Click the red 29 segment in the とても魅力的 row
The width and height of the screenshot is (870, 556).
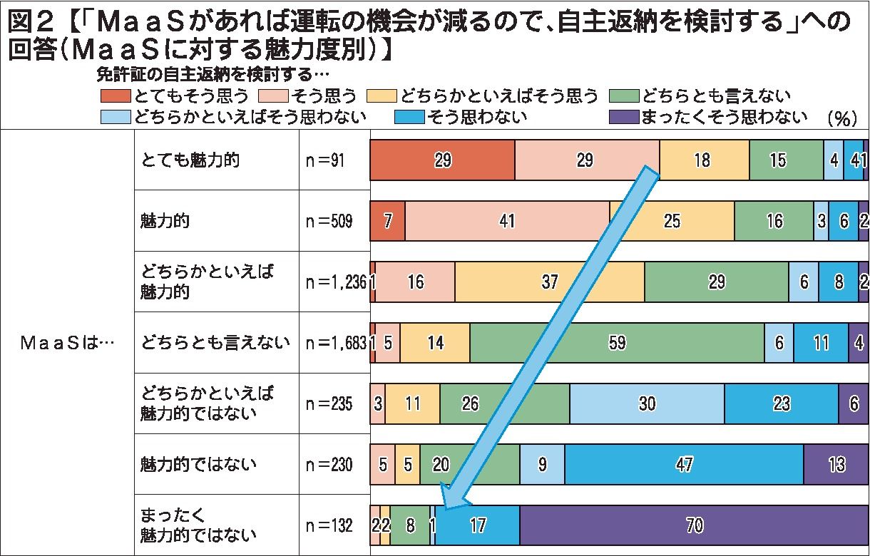click(442, 160)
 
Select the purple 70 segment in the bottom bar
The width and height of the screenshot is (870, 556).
click(694, 526)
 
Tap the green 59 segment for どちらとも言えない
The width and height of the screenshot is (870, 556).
click(617, 343)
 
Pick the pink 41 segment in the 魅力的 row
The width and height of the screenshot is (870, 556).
click(507, 221)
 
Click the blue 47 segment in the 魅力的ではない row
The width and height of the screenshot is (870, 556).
click(684, 465)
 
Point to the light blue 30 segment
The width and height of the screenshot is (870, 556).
click(647, 404)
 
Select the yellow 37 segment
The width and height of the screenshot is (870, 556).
click(549, 282)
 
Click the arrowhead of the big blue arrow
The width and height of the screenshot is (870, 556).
click(451, 498)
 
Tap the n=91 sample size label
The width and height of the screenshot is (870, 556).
click(325, 160)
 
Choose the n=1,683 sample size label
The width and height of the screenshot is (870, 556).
click(335, 343)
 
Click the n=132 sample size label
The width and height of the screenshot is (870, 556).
click(329, 526)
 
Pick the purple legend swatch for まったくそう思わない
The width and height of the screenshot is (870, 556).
click(624, 117)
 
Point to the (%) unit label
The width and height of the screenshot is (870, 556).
click(841, 119)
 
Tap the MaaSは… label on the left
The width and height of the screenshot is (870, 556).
click(67, 343)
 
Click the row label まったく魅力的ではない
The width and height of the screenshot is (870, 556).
click(198, 526)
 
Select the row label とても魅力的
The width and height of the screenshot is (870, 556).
click(189, 160)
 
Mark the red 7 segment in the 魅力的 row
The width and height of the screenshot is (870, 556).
click(387, 221)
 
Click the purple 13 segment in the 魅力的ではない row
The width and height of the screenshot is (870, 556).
click(836, 465)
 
